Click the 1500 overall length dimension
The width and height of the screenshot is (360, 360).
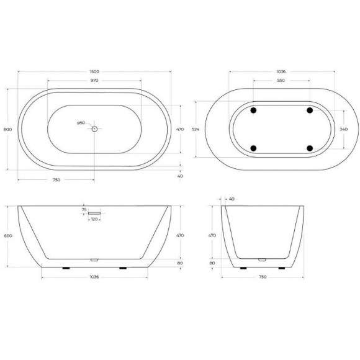coord(94,71)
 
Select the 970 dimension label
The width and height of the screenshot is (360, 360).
coord(94,81)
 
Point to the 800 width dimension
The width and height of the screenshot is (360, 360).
coord(7,129)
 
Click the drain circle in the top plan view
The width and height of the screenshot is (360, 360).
coord(95,129)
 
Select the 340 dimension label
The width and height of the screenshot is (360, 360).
coord(344,129)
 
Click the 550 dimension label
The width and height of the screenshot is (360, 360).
coord(280,81)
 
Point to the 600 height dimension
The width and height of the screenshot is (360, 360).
coord(7,236)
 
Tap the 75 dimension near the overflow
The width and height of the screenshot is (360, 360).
coord(84,210)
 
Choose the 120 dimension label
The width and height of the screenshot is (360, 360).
coord(94,220)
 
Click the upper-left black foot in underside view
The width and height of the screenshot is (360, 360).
coord(253,110)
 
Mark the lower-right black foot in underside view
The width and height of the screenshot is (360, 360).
coord(308,148)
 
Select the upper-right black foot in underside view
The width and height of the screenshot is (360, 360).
coord(308,110)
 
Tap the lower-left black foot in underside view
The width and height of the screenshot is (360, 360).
coord(253,148)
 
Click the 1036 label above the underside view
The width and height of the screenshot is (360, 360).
coord(280,71)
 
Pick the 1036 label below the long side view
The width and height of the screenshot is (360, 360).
coord(94,277)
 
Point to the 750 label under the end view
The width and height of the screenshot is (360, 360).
coord(263,277)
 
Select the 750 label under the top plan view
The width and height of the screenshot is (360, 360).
coord(56,180)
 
